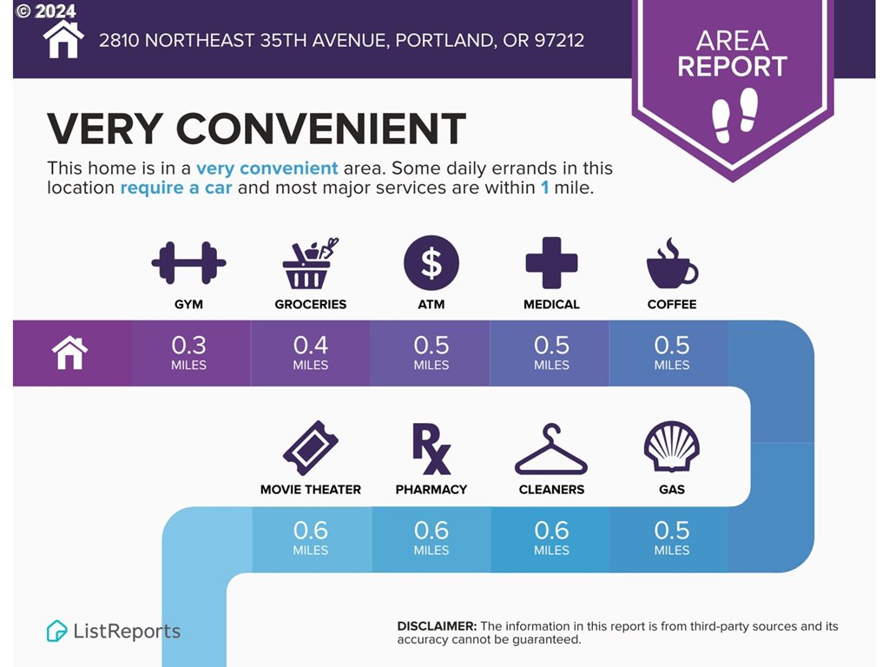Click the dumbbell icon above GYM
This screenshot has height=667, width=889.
(188, 262)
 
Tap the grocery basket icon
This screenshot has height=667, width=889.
(310, 264)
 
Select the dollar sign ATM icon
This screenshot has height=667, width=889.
(431, 263)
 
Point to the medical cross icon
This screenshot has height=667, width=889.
(551, 262)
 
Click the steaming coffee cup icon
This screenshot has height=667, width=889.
(672, 264)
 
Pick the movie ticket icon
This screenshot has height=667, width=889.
(310, 448)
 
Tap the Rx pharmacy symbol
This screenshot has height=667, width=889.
(431, 449)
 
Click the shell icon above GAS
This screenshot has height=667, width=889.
(672, 446)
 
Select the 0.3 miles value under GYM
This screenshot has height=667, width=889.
(188, 353)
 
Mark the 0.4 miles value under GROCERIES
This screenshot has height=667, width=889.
(310, 353)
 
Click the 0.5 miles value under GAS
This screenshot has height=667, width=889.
(672, 538)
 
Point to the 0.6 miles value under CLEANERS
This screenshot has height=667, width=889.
(551, 538)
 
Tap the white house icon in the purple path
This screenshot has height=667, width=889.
(69, 353)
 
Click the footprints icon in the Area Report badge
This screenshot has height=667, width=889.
(734, 115)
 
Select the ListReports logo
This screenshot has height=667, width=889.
(114, 631)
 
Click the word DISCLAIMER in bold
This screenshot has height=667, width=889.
(437, 626)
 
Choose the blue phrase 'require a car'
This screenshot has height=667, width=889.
(175, 188)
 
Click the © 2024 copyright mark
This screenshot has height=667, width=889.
(46, 10)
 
